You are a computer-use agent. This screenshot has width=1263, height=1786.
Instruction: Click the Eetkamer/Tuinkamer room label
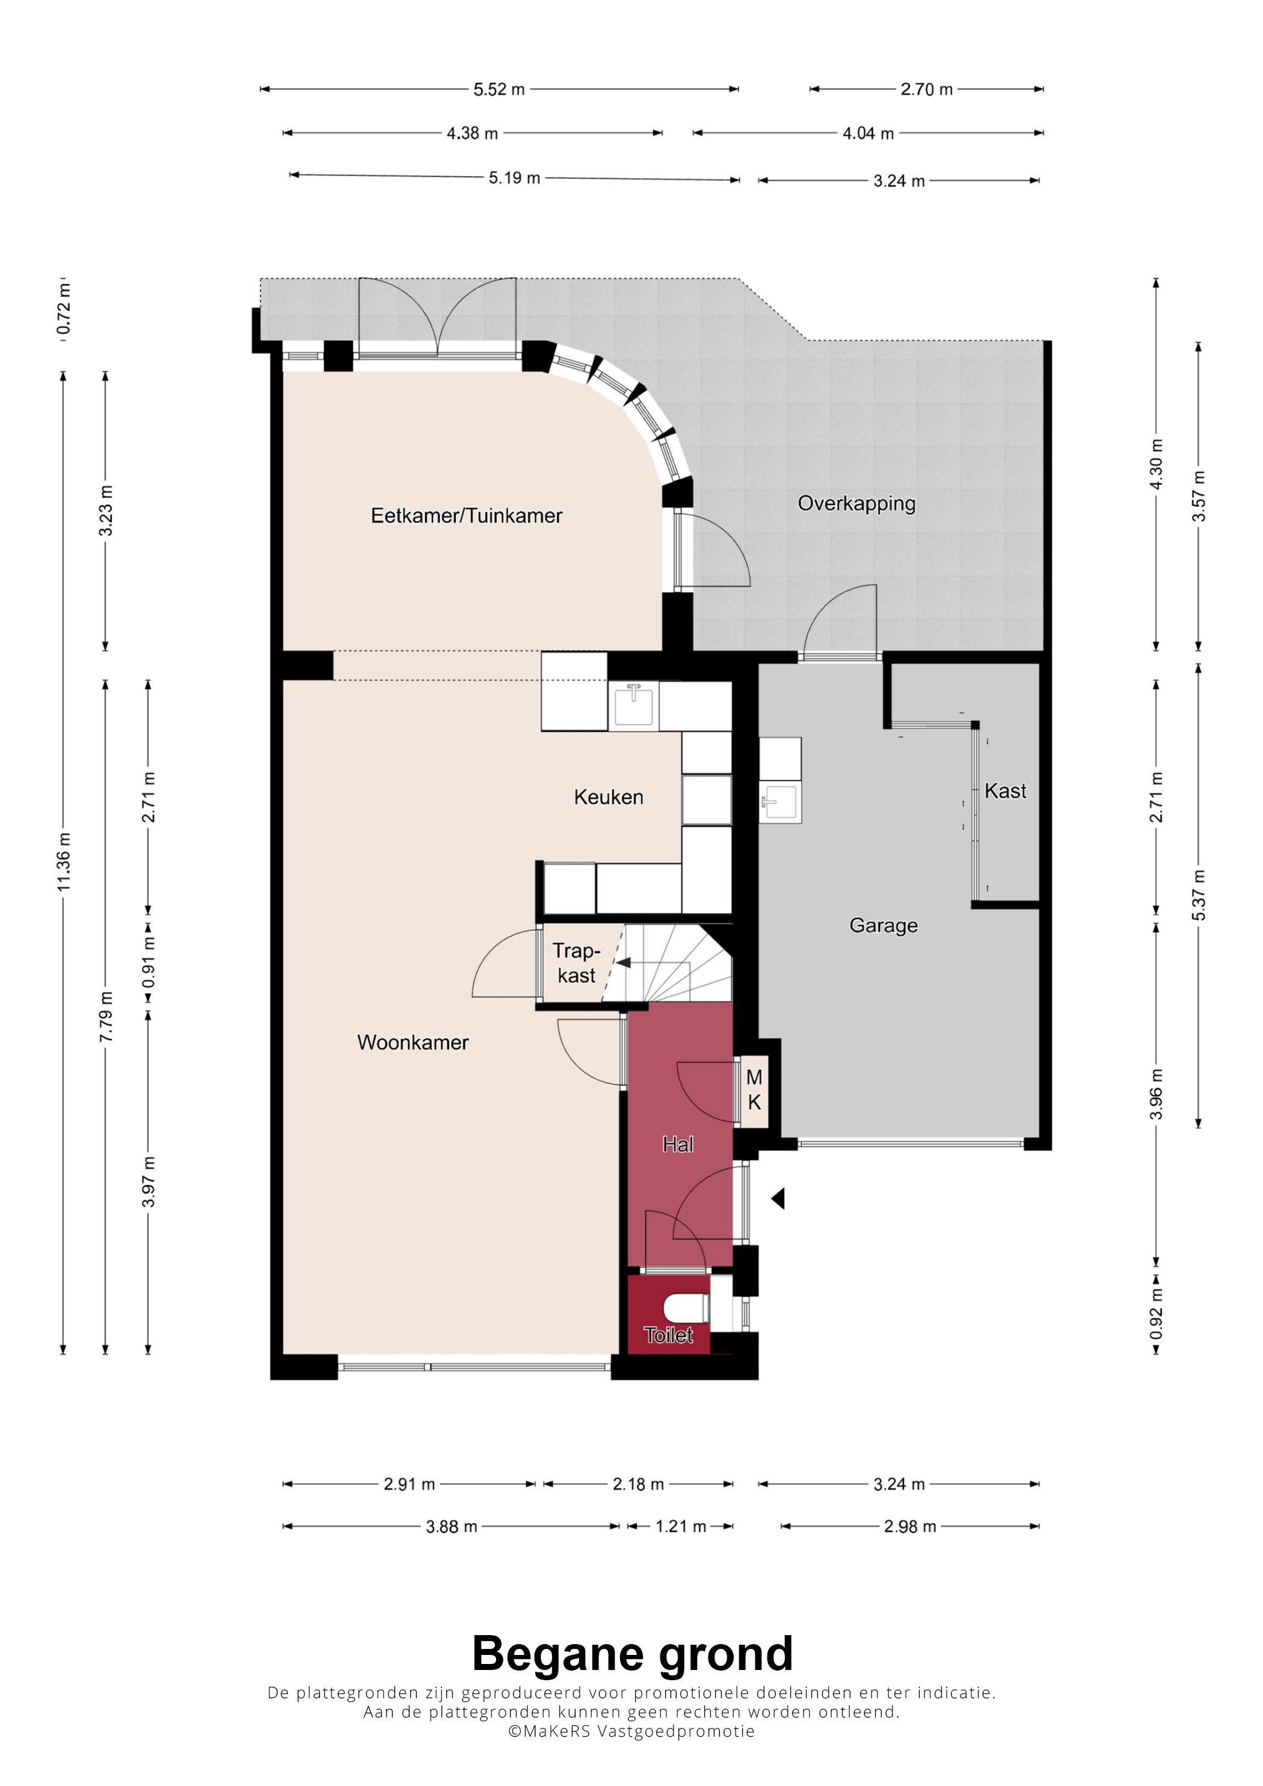(x=466, y=516)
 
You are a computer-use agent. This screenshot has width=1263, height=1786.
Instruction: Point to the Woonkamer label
(x=413, y=1042)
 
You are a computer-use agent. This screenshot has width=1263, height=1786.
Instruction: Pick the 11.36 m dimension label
(x=64, y=862)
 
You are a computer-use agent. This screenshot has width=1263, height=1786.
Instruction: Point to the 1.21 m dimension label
(x=681, y=1526)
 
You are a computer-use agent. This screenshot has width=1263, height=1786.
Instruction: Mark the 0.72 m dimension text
(x=64, y=309)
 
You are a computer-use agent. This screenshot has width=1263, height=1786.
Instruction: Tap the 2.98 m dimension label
(x=910, y=1526)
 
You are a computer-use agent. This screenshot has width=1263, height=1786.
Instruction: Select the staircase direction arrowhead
(x=622, y=962)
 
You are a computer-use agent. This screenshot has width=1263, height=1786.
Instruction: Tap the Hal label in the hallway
(x=678, y=1144)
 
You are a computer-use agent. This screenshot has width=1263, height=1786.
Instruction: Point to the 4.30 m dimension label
(x=1157, y=465)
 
